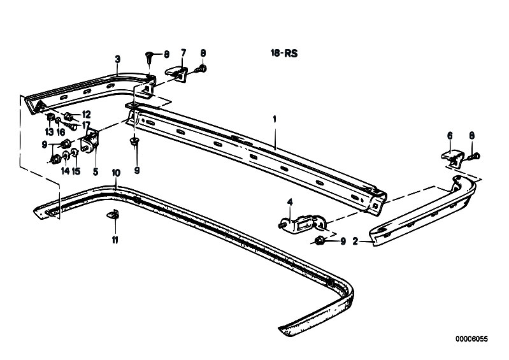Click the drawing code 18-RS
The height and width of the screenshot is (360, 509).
coord(284,54)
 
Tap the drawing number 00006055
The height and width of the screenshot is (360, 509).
coord(471,339)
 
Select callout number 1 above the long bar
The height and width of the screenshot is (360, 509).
coord(275,119)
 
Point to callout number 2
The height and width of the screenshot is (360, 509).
coord(355,241)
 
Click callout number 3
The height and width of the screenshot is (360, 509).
coord(117,59)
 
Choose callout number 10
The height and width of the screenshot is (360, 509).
coord(116,173)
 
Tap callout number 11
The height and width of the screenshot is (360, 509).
coord(115,240)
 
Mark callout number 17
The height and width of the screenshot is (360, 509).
coord(86,124)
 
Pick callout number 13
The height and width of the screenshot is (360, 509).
coord(49,132)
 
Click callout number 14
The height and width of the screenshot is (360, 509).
coord(65,171)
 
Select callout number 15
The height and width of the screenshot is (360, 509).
coord(76,171)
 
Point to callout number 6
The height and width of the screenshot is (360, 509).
coord(450,135)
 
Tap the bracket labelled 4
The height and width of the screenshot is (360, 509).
coord(302,224)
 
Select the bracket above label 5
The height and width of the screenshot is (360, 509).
coord(90,141)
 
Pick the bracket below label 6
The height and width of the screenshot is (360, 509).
coord(453,157)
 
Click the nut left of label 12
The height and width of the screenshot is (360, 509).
coord(68,116)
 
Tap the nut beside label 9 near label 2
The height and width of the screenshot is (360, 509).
coord(319,240)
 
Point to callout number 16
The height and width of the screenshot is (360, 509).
coord(61,132)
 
